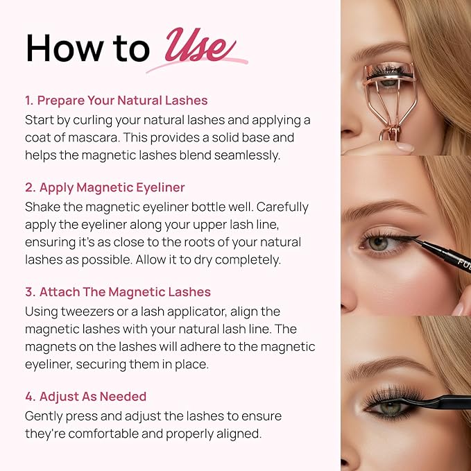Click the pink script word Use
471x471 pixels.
[x=196, y=48]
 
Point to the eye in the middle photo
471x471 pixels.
[x=381, y=243]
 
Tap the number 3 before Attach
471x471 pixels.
[x=29, y=293]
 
